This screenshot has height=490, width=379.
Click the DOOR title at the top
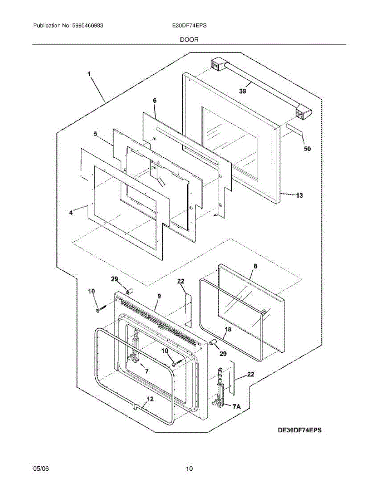point(189,40)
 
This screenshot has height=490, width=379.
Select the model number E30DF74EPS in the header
point(189,25)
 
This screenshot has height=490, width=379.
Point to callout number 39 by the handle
point(242,91)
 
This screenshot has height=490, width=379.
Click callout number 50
point(307,149)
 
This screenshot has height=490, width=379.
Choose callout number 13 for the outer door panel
point(300,196)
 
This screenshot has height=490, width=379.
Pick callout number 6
point(155,100)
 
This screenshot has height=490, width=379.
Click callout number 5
point(95,134)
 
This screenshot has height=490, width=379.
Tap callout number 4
point(71,212)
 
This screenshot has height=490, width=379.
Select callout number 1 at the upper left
point(89,74)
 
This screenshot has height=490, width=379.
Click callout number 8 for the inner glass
point(255,266)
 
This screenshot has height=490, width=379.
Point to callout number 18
point(228,329)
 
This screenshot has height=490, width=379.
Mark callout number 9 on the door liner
point(159,296)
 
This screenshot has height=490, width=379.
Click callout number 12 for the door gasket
point(150,399)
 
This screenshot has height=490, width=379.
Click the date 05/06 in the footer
point(41,469)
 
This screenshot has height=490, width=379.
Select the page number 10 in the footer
point(189,469)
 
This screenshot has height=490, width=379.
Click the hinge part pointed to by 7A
point(221,388)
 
